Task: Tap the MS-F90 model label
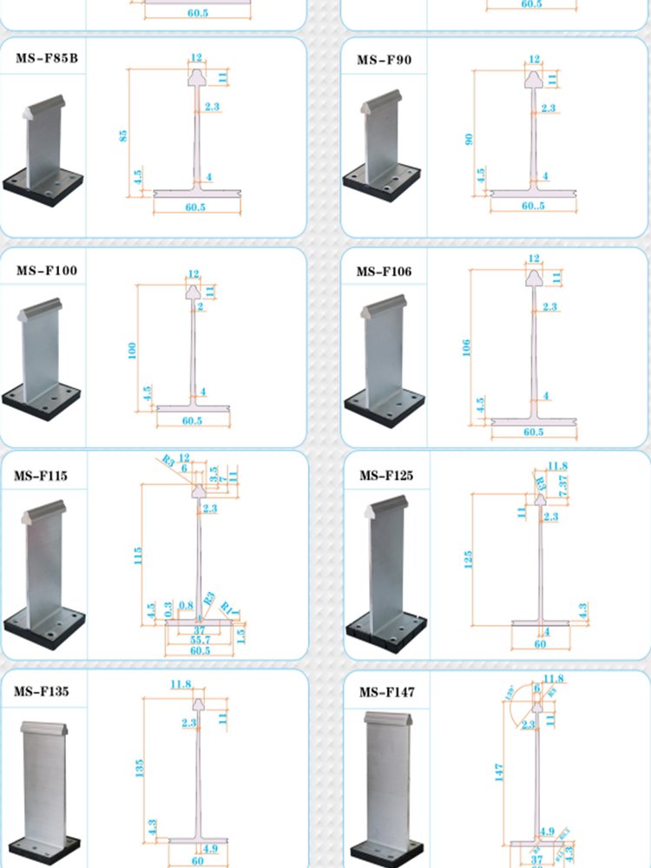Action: (x=385, y=60)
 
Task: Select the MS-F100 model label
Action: (x=46, y=271)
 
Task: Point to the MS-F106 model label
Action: (x=385, y=272)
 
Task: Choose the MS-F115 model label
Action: (x=41, y=476)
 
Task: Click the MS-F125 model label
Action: (x=386, y=476)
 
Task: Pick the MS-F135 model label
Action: (x=41, y=692)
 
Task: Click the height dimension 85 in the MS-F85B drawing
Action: (x=123, y=136)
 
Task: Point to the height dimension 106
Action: (x=467, y=348)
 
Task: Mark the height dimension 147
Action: (x=499, y=772)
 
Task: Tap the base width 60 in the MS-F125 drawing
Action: (x=540, y=644)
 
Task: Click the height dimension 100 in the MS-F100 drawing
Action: (x=133, y=351)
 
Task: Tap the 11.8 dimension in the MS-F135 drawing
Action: (x=181, y=685)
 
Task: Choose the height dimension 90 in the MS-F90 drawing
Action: (x=470, y=139)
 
